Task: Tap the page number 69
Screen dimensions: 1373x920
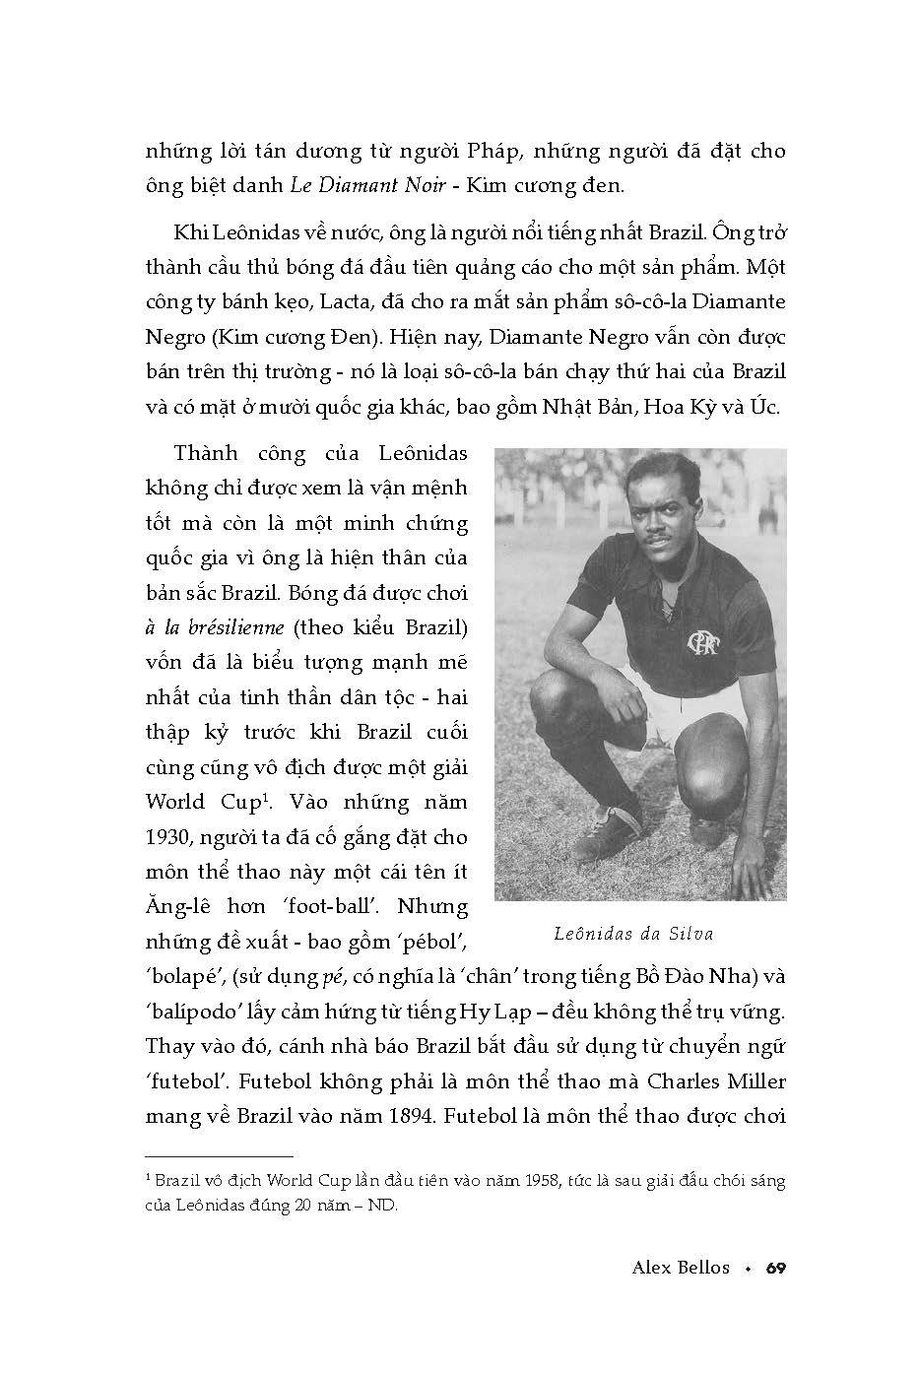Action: tap(775, 1268)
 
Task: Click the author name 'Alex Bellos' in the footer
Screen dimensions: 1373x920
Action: tap(681, 1268)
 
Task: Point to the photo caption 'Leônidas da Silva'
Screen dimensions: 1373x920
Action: tap(640, 934)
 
